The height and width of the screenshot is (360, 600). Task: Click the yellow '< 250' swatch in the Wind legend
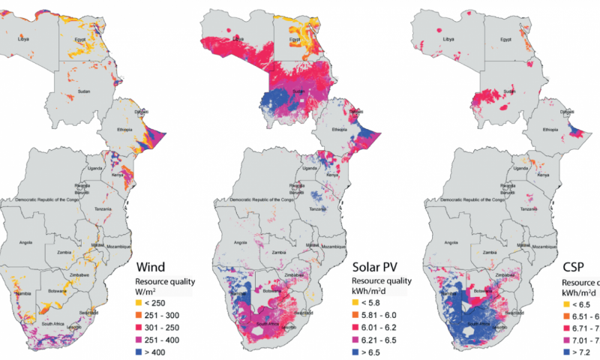(138, 302)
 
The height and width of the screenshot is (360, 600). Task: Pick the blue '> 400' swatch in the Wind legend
(138, 351)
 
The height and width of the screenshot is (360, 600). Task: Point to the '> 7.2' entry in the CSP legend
(577, 351)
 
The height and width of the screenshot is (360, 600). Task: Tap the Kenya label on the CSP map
(542, 174)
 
